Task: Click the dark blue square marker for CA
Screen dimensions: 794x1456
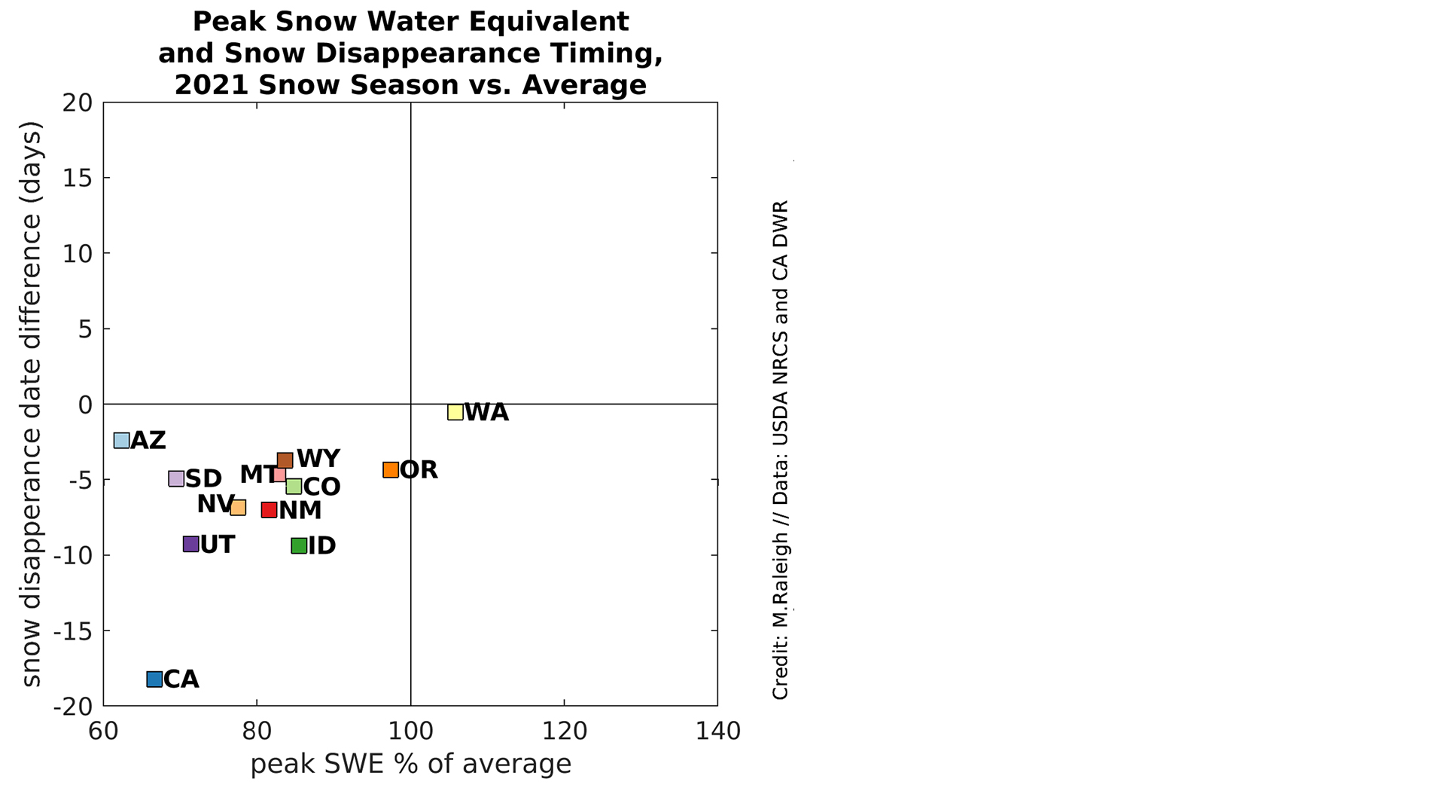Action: tap(154, 679)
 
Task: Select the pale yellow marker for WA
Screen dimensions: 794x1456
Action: tap(455, 411)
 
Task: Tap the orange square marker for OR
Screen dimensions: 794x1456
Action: tap(391, 470)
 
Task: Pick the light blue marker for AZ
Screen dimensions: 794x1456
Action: tap(121, 440)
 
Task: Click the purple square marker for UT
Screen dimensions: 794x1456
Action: tap(191, 544)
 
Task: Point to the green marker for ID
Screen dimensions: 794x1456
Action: tap(299, 545)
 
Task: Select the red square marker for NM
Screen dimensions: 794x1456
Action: tap(269, 510)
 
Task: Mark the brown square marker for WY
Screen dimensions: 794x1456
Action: tap(285, 460)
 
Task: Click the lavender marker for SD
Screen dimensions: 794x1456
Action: tap(176, 478)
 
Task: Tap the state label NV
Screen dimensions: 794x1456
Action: tap(215, 504)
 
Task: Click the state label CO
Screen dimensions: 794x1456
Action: tap(321, 487)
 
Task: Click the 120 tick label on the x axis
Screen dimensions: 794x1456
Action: tap(564, 731)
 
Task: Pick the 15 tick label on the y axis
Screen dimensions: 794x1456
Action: tap(78, 178)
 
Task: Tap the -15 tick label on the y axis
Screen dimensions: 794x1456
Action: tap(73, 631)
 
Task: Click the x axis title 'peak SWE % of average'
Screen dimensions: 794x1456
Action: tap(410, 764)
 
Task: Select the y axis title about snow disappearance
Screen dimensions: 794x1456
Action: tap(32, 404)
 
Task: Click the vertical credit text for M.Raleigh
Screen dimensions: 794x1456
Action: tap(781, 450)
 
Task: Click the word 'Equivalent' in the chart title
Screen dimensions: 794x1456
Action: tap(550, 22)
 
